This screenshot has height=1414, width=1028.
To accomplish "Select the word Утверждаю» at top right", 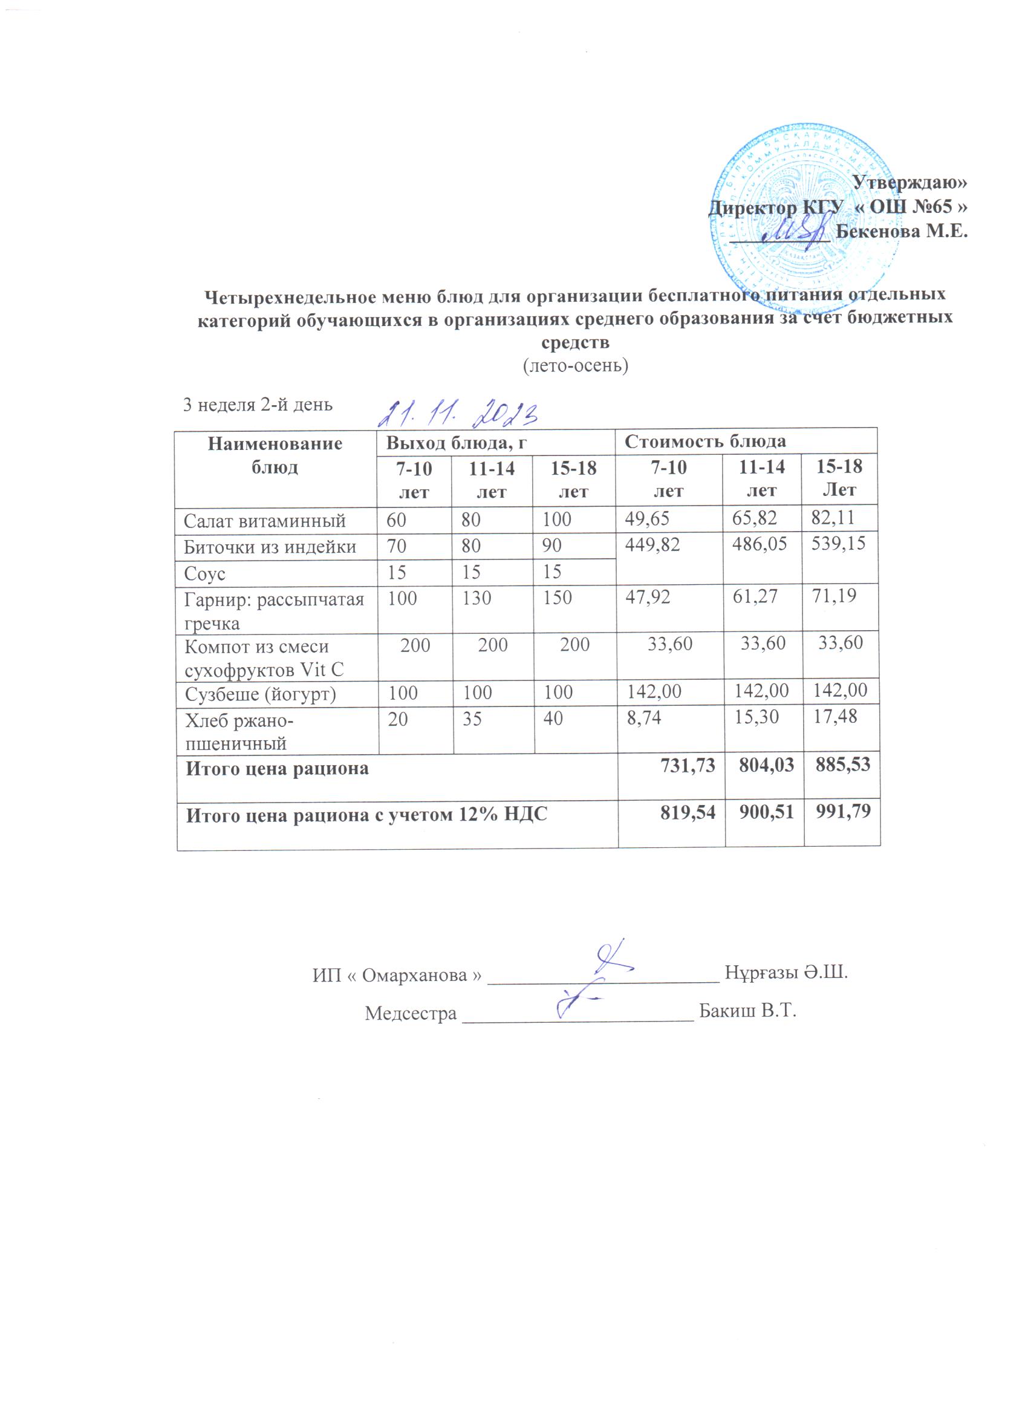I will pos(909,182).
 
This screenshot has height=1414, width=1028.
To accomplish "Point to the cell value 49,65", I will pos(648,519).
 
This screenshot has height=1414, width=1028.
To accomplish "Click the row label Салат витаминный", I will pos(264,521).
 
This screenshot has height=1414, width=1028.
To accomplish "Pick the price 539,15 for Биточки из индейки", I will pos(839,544).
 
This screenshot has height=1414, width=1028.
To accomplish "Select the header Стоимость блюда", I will pos(704,442).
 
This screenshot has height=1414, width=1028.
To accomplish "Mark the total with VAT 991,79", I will pos(842,811).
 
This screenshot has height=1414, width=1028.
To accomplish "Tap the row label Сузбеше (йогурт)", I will pos(261,694).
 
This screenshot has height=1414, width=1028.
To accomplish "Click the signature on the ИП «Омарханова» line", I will pos(612,961).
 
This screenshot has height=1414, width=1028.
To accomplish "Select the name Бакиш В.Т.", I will pos(748,1011).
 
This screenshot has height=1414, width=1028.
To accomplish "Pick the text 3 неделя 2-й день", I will pos(258,405).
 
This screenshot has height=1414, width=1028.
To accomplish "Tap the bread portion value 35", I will pos(472,719).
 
